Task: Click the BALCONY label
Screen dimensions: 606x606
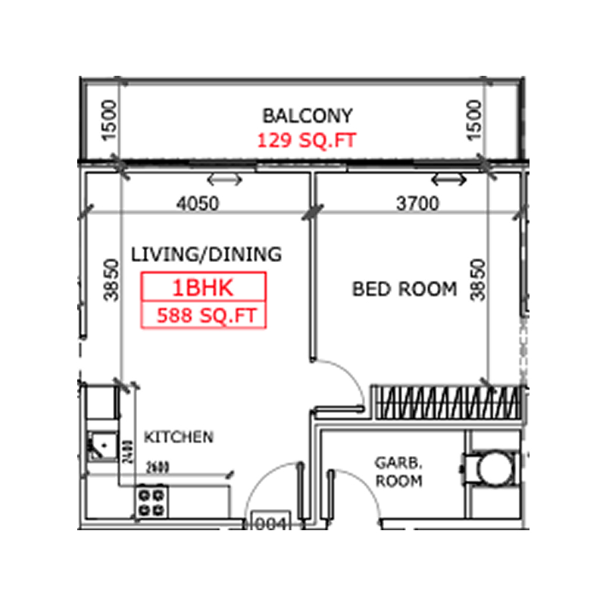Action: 307,116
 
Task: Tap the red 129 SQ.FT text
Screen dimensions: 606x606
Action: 306,140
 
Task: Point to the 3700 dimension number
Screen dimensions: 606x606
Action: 417,204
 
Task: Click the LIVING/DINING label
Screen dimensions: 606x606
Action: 206,255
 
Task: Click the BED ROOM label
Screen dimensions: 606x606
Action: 405,289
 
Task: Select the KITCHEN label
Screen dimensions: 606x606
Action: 179,437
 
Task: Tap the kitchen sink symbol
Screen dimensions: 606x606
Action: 98,446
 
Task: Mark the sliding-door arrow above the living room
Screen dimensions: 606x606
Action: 225,180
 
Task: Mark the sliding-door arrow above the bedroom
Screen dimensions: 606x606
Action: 448,180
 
